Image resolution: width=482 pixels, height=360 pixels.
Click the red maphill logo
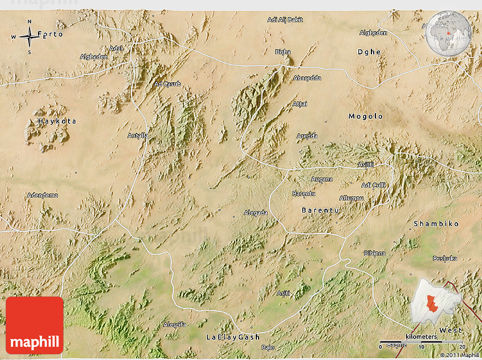(x=35, y=325)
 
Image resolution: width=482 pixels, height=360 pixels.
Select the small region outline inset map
(x=436, y=300)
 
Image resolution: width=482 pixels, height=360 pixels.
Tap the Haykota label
(x=57, y=121)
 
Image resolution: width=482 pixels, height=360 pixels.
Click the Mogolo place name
(x=366, y=116)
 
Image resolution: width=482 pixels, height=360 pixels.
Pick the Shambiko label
(x=436, y=224)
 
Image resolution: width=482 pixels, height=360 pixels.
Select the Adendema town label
(x=43, y=196)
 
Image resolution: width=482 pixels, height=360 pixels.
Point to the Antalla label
(x=138, y=135)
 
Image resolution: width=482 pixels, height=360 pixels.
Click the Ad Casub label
(x=167, y=84)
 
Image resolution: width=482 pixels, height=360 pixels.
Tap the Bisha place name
(x=282, y=52)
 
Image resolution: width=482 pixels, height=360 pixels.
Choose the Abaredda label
(x=307, y=78)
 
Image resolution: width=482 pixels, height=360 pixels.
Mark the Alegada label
(x=255, y=213)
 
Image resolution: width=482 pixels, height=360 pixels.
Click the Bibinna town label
(x=374, y=253)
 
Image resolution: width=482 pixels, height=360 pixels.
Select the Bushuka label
(x=445, y=259)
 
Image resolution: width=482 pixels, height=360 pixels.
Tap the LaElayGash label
(x=232, y=337)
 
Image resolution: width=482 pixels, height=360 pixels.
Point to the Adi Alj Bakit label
(x=285, y=20)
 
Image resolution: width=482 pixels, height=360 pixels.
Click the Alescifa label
(x=175, y=324)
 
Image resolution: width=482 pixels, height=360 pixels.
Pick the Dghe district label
(x=369, y=52)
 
